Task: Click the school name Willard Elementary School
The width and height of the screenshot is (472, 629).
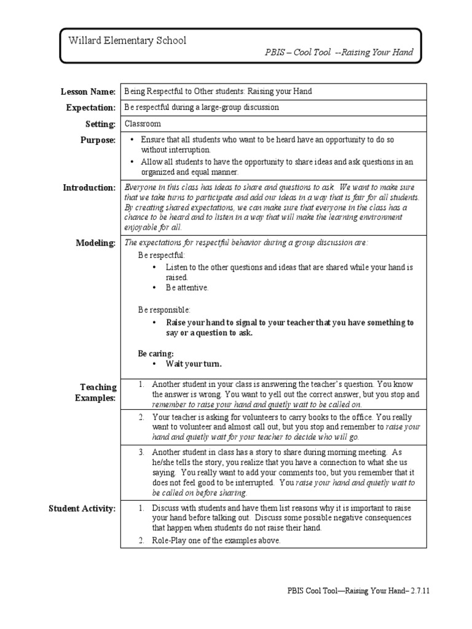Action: click(x=127, y=41)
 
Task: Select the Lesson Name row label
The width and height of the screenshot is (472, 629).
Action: click(x=88, y=92)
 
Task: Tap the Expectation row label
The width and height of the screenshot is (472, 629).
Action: click(x=91, y=107)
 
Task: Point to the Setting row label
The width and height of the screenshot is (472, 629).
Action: click(x=100, y=124)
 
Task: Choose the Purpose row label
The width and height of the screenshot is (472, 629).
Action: click(x=97, y=140)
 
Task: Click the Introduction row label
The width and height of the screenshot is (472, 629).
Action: click(x=89, y=187)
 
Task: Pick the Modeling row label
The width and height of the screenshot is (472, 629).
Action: click(x=95, y=243)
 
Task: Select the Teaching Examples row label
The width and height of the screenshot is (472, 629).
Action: click(x=96, y=393)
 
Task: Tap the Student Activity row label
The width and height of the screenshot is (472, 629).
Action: click(x=82, y=508)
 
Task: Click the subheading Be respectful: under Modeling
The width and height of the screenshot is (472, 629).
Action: click(x=161, y=254)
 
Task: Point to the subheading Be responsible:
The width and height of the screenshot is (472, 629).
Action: click(x=164, y=310)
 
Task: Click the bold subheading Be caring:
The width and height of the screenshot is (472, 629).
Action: click(x=155, y=354)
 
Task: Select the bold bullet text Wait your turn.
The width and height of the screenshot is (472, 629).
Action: click(x=194, y=364)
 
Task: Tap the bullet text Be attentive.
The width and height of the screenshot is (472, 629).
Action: click(x=187, y=287)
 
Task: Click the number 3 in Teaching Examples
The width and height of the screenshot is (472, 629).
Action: click(x=141, y=452)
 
